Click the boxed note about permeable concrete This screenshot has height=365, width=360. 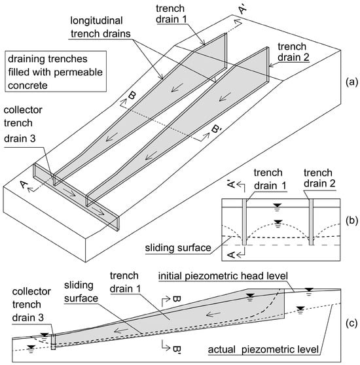56,71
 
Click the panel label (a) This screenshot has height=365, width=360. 351,82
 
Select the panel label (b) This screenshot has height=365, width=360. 351,220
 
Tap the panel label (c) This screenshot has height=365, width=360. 351,323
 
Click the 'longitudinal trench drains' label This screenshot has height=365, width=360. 100,27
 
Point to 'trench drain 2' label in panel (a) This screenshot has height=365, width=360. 293,52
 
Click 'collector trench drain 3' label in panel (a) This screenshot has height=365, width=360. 23,124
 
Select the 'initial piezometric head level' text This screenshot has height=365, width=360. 223,276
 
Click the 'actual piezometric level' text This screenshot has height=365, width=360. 263,350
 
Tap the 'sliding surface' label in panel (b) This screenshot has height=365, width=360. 178,248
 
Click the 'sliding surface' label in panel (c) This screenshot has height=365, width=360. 81,292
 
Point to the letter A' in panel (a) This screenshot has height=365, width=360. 242,10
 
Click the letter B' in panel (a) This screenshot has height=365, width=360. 216,128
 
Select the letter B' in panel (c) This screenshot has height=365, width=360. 177,349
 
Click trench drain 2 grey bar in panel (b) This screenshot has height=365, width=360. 311,222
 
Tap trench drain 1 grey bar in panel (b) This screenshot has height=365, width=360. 244,222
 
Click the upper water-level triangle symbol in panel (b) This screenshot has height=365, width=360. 278,205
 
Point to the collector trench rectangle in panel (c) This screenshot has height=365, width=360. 53,342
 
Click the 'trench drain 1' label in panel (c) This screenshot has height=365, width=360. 125,282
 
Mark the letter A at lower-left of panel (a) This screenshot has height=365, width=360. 24,185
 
